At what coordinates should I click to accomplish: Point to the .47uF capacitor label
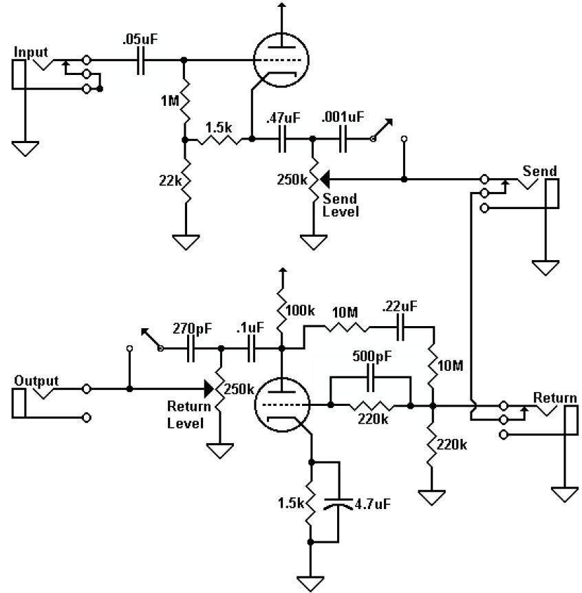coord(283,119)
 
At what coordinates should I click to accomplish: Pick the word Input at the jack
coord(30,52)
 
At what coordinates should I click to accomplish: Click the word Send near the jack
coord(539,171)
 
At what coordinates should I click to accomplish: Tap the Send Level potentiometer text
coord(341,205)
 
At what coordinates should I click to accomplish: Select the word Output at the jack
coord(36,380)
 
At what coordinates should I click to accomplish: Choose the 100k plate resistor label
coord(300,311)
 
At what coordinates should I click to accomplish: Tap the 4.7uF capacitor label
coord(374,504)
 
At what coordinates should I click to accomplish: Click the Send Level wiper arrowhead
coord(323,179)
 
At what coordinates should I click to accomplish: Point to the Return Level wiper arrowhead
coord(208,389)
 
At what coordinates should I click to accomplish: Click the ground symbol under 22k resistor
coord(184,244)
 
